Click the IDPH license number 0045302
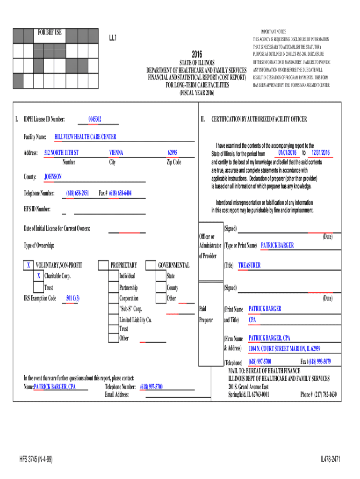coord(95,119)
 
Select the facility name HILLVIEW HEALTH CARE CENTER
coord(85,137)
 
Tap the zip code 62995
coord(173,153)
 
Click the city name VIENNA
coord(116,153)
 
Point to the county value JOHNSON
coord(53,177)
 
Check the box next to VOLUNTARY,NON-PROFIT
coord(29,265)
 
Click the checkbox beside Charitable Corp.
coord(38,276)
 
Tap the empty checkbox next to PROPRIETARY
coord(103,265)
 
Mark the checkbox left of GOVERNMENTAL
coord(151,265)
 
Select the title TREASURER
coord(249,265)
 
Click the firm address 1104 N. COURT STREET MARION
coord(284,348)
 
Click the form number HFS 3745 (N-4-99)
coord(36,460)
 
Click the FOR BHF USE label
coord(49,33)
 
